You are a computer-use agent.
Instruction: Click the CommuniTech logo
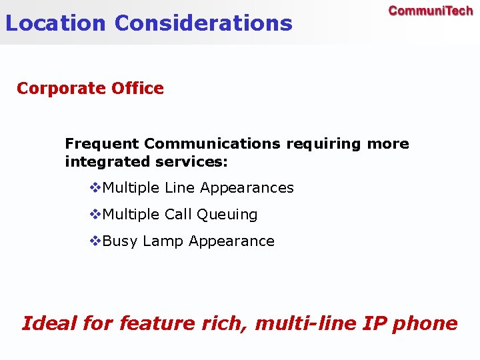[430, 11]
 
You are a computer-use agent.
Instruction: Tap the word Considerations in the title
[203, 23]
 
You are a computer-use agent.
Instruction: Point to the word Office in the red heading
[138, 89]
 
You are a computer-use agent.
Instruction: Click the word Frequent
[102, 144]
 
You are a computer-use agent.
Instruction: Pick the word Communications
[213, 144]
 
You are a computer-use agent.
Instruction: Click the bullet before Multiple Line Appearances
[95, 188]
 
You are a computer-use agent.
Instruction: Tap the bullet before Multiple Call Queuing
[95, 215]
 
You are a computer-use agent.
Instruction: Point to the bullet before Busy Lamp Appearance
[95, 241]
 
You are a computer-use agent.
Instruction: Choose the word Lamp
[163, 241]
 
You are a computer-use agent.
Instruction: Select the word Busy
[120, 241]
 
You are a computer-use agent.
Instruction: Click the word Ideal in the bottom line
[49, 323]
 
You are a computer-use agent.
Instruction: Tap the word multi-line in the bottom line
[306, 323]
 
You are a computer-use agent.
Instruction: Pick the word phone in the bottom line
[425, 323]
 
